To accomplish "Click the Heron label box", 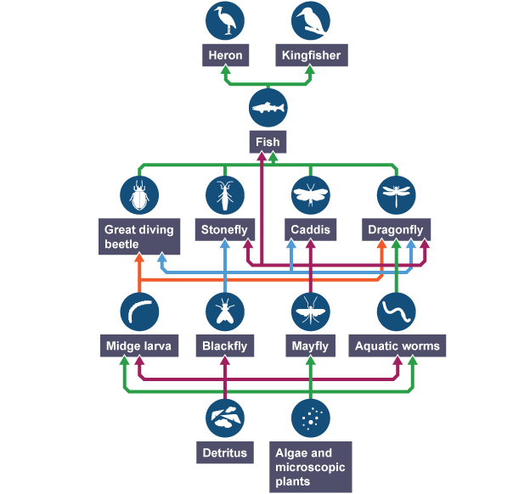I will [x=226, y=56].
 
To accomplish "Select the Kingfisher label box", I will [x=312, y=56].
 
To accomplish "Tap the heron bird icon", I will [x=226, y=21].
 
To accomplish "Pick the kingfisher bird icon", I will [x=312, y=21].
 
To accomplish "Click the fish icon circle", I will [x=268, y=109].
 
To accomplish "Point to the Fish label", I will [x=268, y=143].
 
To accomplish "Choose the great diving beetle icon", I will [x=139, y=195].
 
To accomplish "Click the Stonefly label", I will [x=225, y=229].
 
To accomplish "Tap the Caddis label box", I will [x=311, y=229].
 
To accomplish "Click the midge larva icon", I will [x=139, y=312].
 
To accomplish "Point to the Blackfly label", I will [x=225, y=346].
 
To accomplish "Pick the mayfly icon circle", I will [x=311, y=312].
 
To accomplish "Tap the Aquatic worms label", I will [x=397, y=346].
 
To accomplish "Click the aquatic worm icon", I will [x=397, y=312].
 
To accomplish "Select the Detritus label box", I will [x=225, y=452].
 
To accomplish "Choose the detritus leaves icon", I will [x=225, y=418].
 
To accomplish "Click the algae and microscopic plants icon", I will [x=311, y=418].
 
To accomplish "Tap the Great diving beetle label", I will [x=139, y=237].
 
